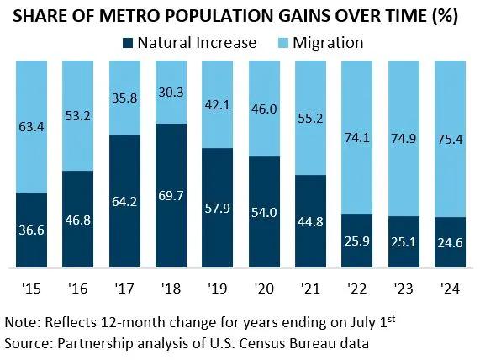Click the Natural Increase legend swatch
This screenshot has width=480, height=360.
pos(128,43)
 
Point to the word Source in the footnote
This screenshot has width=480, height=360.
pos(26,343)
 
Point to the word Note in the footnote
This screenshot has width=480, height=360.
pos(20,322)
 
